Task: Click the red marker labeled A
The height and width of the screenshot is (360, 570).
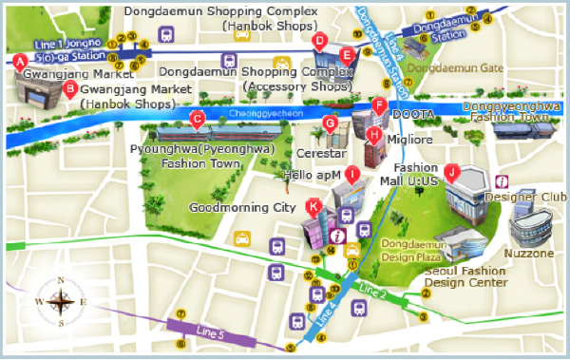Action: pyautogui.click(x=19, y=60)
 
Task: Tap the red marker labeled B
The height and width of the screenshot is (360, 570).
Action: pyautogui.click(x=68, y=90)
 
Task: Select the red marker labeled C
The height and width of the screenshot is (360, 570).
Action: pyautogui.click(x=198, y=119)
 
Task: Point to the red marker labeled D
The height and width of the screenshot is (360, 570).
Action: pyautogui.click(x=320, y=40)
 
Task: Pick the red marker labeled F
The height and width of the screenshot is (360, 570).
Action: pyautogui.click(x=379, y=105)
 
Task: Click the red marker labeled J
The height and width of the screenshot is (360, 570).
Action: pyautogui.click(x=452, y=172)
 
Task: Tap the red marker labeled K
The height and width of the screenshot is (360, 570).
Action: pyautogui.click(x=313, y=205)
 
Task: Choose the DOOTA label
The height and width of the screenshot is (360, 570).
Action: pyautogui.click(x=413, y=114)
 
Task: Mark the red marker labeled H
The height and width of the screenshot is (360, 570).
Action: pyautogui.click(x=374, y=135)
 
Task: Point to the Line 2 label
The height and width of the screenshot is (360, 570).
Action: pyautogui.click(x=372, y=288)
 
